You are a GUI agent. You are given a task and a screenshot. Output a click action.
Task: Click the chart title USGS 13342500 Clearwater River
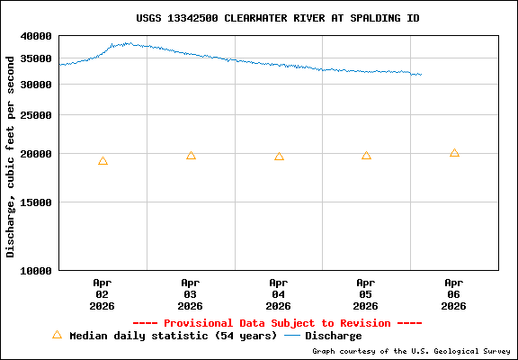[277, 18]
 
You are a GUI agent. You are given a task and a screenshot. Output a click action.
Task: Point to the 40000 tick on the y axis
[37, 36]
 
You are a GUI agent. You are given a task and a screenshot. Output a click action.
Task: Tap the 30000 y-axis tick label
[37, 85]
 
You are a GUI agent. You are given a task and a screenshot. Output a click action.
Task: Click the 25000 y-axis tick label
[37, 115]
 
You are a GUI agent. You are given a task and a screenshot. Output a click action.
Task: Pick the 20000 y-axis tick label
[37, 154]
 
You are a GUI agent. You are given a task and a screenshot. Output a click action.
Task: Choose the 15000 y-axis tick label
[37, 202]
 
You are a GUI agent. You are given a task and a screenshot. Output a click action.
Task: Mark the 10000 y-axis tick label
[37, 270]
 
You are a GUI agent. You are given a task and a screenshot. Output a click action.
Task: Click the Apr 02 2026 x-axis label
[103, 293]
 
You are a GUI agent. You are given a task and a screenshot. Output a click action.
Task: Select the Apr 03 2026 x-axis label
[191, 293]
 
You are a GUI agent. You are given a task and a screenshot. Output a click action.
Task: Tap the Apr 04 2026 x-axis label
[279, 293]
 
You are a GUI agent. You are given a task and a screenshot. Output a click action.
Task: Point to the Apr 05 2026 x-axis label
[366, 293]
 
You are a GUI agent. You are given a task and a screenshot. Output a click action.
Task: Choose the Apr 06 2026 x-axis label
[454, 293]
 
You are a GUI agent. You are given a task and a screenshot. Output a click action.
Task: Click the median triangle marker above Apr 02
[103, 161]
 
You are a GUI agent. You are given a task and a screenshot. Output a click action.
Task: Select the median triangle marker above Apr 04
[279, 157]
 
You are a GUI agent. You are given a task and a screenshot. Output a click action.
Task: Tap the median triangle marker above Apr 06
[454, 153]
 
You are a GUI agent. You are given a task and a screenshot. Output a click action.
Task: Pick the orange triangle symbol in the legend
[57, 335]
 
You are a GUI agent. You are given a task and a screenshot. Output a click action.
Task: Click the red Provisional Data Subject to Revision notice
[277, 322]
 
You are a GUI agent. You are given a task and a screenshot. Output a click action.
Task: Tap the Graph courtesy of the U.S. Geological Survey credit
[412, 351]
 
